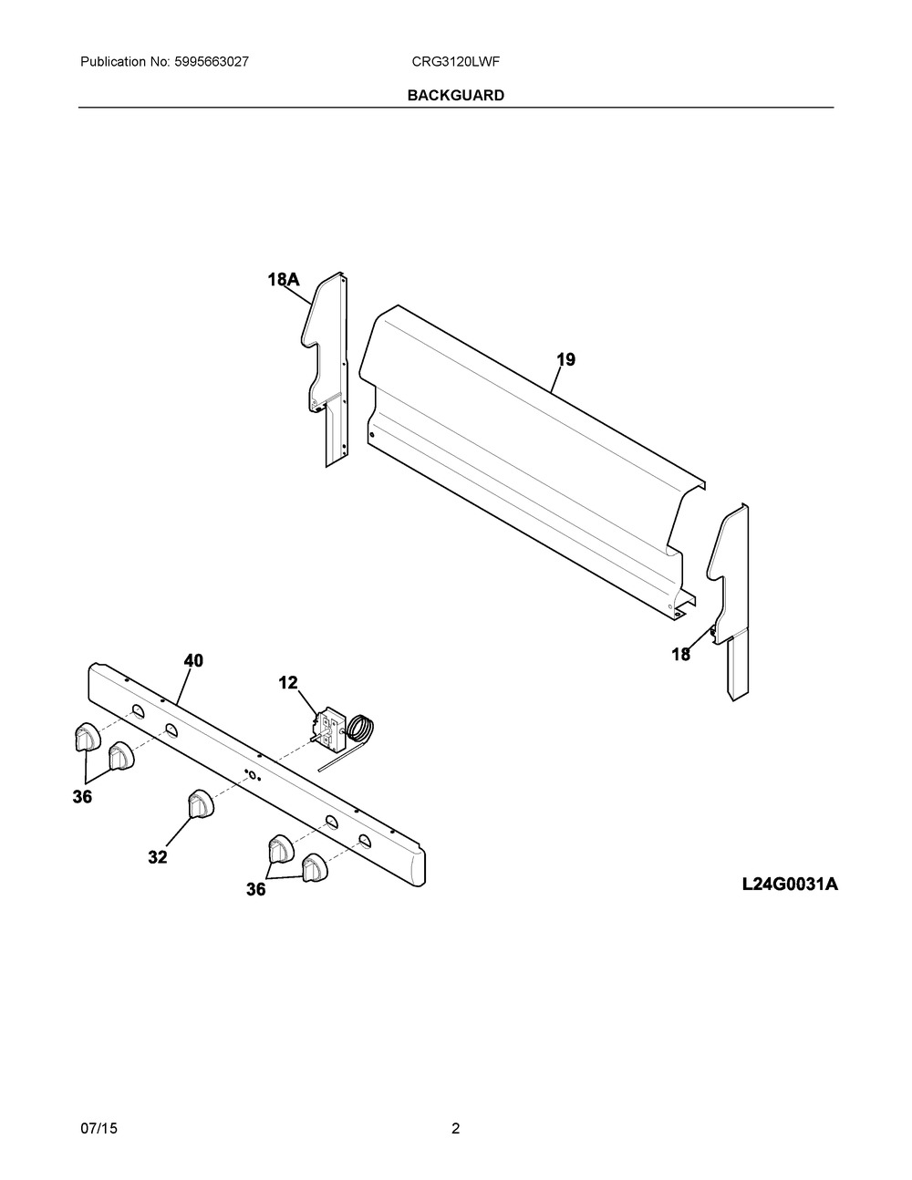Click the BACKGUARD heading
455,96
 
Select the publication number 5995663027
212,62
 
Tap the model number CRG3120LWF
455,62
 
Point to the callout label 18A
284,280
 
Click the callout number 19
565,359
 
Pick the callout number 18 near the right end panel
680,655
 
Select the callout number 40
193,661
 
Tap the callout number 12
288,683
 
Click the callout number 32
158,857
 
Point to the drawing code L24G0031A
790,885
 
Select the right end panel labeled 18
729,602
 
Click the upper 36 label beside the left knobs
82,797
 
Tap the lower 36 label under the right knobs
256,889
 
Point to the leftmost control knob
87,736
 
